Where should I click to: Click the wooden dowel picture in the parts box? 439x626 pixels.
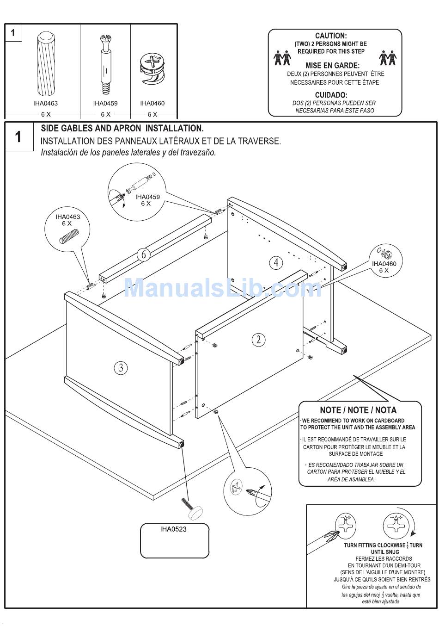click(x=45, y=63)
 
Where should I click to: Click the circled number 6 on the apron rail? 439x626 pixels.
click(x=144, y=254)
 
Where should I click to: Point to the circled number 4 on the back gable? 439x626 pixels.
click(x=276, y=263)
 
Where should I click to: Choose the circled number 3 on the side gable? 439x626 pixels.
click(x=121, y=368)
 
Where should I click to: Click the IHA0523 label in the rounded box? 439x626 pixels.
click(x=173, y=529)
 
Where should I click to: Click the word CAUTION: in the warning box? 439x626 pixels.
click(x=331, y=36)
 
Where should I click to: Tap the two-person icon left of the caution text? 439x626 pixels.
click(x=282, y=58)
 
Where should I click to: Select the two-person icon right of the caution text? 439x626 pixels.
click(x=387, y=58)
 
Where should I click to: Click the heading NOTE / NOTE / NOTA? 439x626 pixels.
click(x=358, y=410)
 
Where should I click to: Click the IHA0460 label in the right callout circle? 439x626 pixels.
click(x=384, y=264)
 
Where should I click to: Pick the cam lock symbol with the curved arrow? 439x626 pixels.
click(x=396, y=526)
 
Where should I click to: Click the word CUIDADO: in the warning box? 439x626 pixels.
click(x=331, y=95)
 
